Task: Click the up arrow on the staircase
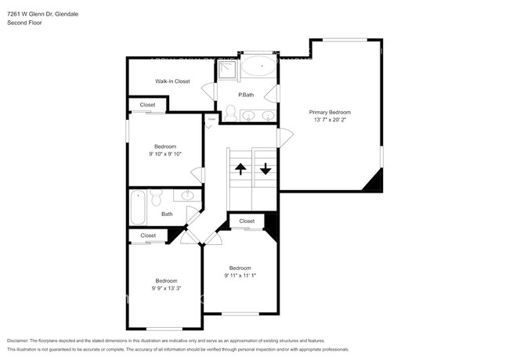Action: (x=240, y=167)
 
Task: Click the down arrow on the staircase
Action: (x=265, y=167)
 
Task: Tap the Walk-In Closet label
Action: (x=172, y=81)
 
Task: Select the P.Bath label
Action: (x=246, y=95)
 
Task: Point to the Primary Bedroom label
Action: (x=329, y=112)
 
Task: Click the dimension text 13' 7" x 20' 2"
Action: (x=329, y=120)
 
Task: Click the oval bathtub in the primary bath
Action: (x=258, y=67)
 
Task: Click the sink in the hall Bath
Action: (x=189, y=196)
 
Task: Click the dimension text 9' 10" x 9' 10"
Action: (x=165, y=154)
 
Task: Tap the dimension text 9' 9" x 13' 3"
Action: (x=166, y=288)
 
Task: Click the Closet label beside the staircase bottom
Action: (x=247, y=221)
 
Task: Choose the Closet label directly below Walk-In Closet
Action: (x=147, y=105)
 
